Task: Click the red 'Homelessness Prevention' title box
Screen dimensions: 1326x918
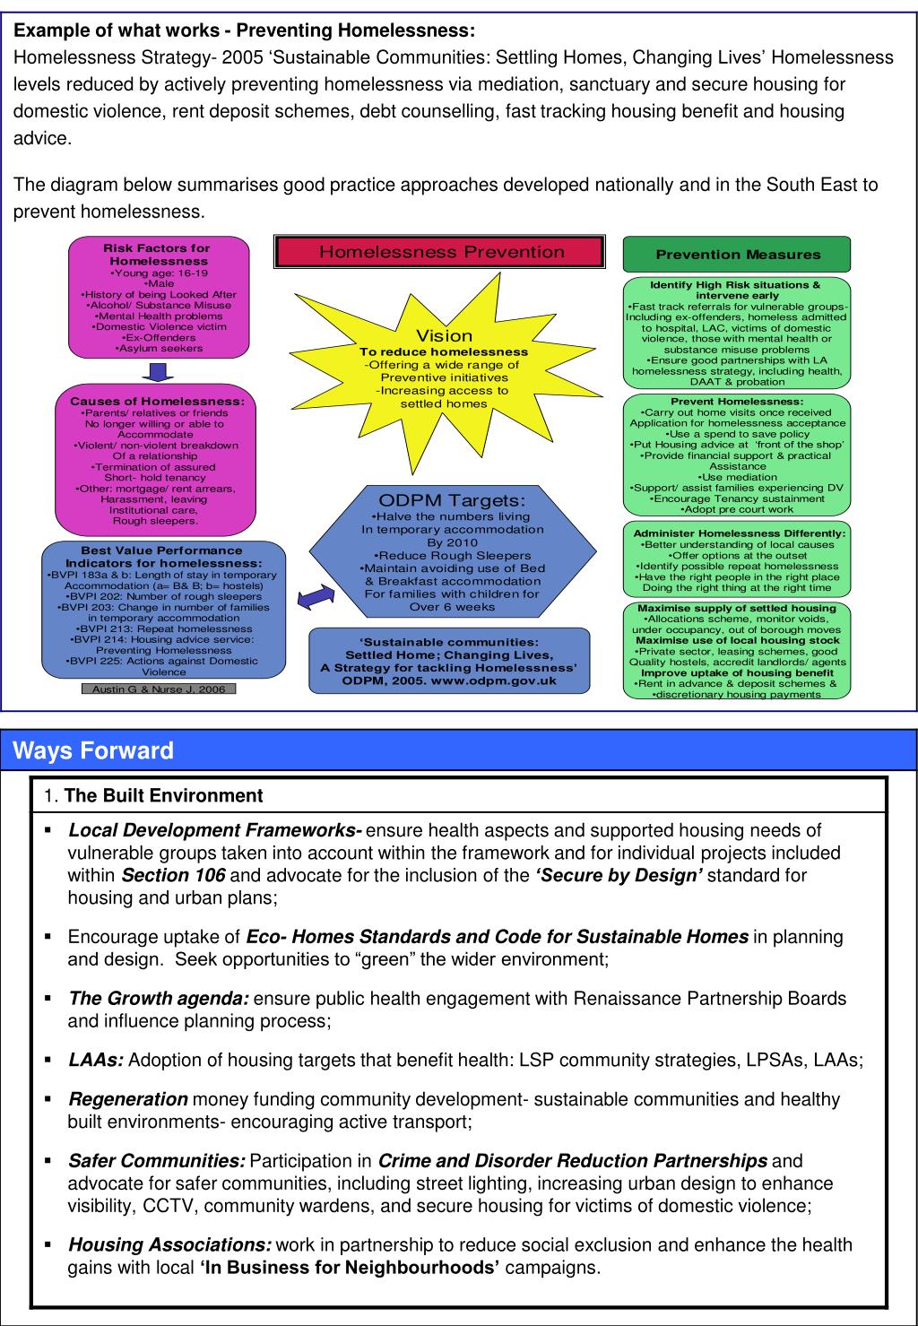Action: pos(439,252)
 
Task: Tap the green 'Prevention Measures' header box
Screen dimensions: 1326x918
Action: pos(737,255)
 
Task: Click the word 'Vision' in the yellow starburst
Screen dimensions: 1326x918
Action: pos(445,336)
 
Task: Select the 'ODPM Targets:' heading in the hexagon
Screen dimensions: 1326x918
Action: pos(452,500)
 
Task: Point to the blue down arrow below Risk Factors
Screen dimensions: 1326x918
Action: pos(157,370)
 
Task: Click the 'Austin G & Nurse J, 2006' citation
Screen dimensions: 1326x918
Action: pos(159,689)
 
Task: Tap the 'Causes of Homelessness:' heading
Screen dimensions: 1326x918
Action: pos(157,402)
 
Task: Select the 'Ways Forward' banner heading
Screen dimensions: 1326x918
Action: pos(94,750)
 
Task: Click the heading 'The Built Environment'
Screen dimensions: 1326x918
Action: pos(163,795)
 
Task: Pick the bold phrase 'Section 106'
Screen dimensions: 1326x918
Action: pos(173,875)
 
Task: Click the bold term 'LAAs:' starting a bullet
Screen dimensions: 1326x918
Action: pos(96,1061)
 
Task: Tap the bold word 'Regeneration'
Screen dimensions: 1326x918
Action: pos(128,1099)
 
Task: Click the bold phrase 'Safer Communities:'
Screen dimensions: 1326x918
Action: pos(157,1161)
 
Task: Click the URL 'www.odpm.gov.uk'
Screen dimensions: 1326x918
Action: pos(494,680)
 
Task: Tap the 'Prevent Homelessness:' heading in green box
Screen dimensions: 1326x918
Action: pos(737,402)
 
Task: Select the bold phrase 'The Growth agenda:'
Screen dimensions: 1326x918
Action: pos(159,999)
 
